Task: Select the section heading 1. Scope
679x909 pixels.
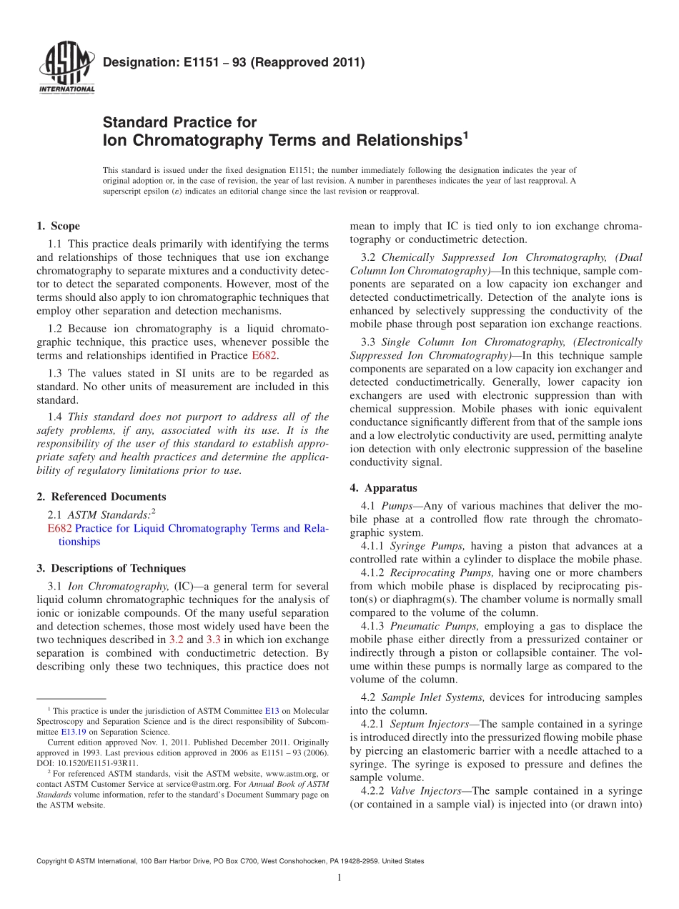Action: click(58, 226)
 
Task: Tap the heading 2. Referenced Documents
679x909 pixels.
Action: click(101, 497)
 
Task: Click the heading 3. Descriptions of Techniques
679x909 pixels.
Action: click(111, 568)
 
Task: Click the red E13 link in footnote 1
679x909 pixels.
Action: click(272, 711)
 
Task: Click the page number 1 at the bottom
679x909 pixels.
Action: click(339, 878)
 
